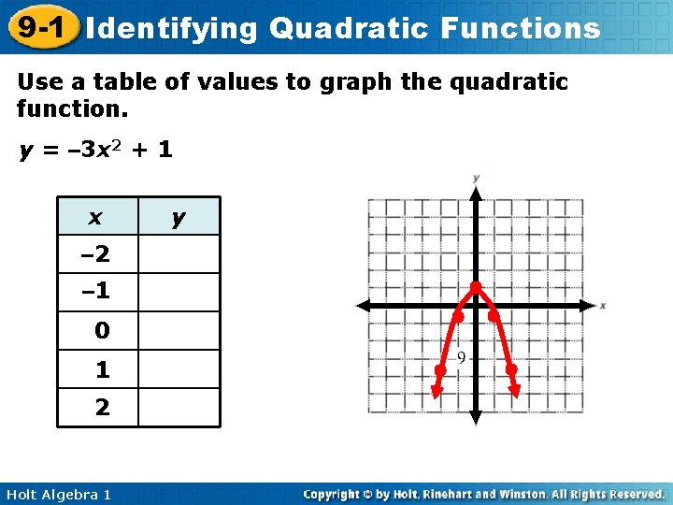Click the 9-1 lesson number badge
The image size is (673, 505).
coord(39,27)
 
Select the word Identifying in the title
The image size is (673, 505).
coord(171,29)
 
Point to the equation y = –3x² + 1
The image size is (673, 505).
coord(95,150)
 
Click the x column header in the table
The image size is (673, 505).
coord(96,217)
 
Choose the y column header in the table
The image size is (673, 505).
coord(179,217)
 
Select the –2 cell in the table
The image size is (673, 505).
coord(96,253)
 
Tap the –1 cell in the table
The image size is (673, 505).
coord(96,292)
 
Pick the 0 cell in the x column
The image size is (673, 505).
coord(102,331)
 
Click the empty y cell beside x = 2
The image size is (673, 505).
coord(179,408)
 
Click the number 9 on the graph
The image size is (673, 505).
coord(462,357)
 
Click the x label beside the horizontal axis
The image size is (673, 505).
coord(603,306)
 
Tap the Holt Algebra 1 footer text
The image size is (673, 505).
coord(57,494)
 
